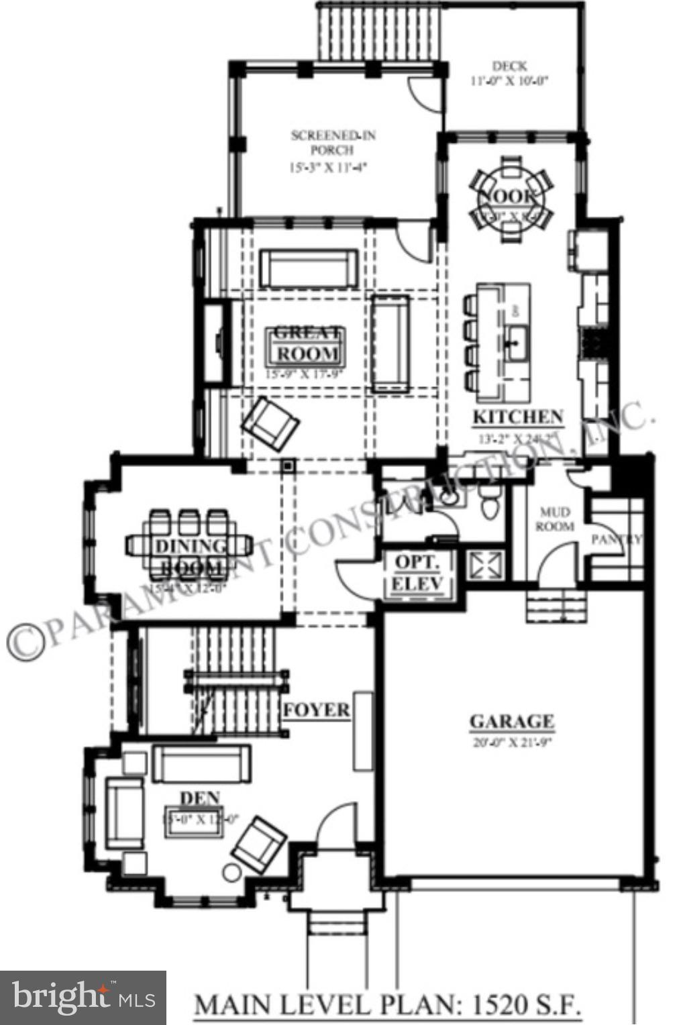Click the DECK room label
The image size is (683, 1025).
click(x=510, y=66)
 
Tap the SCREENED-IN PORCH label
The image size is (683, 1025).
click(x=333, y=143)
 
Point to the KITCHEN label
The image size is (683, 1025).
click(x=518, y=417)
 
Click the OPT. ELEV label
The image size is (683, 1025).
click(x=417, y=572)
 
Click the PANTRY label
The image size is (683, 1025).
click(x=617, y=539)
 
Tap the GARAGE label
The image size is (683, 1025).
click(x=511, y=722)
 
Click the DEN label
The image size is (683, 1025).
click(x=199, y=798)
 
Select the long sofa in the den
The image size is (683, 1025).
click(x=201, y=763)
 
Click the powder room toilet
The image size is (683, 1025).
click(x=490, y=503)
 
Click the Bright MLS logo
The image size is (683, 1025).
click(x=83, y=998)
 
